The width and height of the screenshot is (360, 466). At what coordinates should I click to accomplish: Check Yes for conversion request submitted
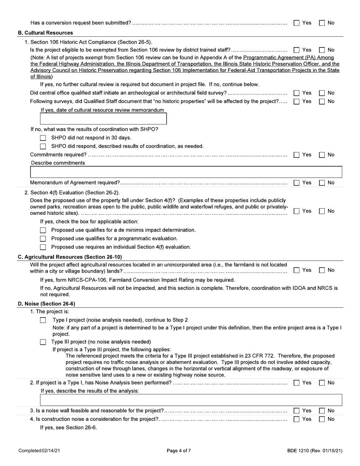coord(297,23)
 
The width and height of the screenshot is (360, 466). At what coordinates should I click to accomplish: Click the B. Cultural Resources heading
coord(45,33)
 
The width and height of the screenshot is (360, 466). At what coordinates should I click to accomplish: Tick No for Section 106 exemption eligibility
coord(322,50)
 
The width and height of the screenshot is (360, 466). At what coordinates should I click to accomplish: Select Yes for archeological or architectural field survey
coord(297,93)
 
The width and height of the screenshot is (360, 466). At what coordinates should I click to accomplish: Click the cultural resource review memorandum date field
coord(103,119)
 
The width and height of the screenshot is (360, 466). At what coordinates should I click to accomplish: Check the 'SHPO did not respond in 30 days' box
coord(43,138)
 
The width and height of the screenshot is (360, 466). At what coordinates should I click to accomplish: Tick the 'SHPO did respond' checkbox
coord(43,146)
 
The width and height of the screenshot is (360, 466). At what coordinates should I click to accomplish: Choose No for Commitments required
coord(322,155)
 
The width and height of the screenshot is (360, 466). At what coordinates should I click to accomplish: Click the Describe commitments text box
coord(186,172)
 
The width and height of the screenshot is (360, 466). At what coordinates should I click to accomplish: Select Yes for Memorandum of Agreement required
coord(297,183)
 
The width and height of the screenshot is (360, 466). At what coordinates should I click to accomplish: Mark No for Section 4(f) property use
coord(322,211)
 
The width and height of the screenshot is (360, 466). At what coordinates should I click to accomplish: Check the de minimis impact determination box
coord(43,230)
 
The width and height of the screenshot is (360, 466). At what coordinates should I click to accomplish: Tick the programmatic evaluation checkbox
coord(43,239)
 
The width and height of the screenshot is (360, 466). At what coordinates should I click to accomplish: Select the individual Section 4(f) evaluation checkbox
coord(43,247)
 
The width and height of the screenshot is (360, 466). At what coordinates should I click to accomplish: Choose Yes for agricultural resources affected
coord(297,270)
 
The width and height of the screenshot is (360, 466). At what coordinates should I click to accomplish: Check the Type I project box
coord(43,320)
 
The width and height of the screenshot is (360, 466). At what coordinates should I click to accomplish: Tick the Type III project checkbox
coord(43,342)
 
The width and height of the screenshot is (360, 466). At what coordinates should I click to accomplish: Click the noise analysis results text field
coord(191,400)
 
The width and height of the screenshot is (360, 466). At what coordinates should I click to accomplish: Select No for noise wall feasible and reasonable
coord(322,411)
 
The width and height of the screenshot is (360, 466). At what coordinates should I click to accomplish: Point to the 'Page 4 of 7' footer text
coord(179,450)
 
